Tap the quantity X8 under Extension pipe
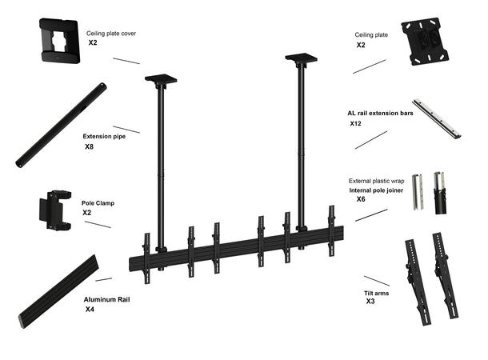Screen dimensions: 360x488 pos(90,147)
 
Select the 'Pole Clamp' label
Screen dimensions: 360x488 pos(98,203)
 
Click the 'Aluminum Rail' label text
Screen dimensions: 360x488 pos(106,299)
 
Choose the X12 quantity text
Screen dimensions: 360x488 pos(356,124)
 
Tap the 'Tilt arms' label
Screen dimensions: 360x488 pos(377,294)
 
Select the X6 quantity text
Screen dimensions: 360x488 pos(361,199)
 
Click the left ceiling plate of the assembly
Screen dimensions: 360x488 pos(161,79)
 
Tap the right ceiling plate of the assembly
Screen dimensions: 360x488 pos(301,58)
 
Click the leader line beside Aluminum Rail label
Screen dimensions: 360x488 pos(103,279)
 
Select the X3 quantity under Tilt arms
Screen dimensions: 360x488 pos(370,302)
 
